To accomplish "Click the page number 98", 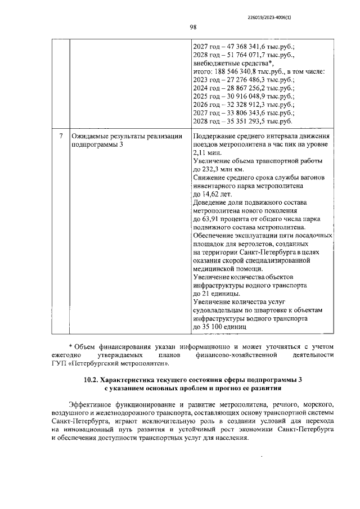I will (192, 27).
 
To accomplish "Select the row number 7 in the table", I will (61, 137).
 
